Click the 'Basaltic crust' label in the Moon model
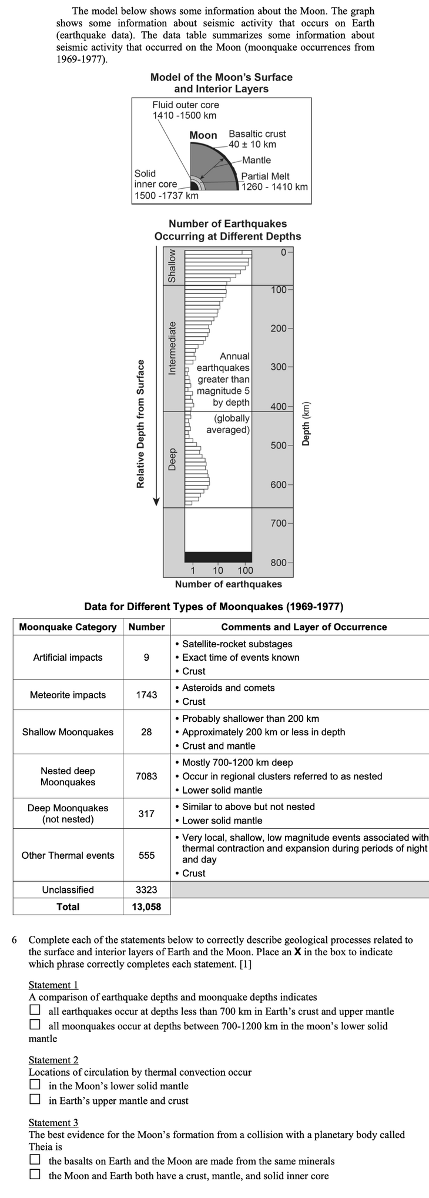(257, 133)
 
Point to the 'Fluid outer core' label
(185, 105)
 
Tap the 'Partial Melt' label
(265, 176)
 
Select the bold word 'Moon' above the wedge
(203, 135)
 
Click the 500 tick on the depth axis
(279, 445)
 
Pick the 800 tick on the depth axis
(279, 563)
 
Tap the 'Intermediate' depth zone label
(172, 348)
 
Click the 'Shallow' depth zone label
(172, 266)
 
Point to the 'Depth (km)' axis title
(305, 424)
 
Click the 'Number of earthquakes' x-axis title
(228, 584)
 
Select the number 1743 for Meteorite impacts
(146, 695)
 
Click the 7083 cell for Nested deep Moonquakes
(146, 776)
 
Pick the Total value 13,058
(146, 906)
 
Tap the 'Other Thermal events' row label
(68, 855)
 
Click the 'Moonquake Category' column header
(68, 627)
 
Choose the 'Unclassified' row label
(68, 889)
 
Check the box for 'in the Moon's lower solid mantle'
(35, 1086)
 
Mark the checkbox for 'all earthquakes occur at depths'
(35, 1011)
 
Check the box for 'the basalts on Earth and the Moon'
(35, 1160)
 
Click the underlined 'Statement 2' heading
(53, 1059)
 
